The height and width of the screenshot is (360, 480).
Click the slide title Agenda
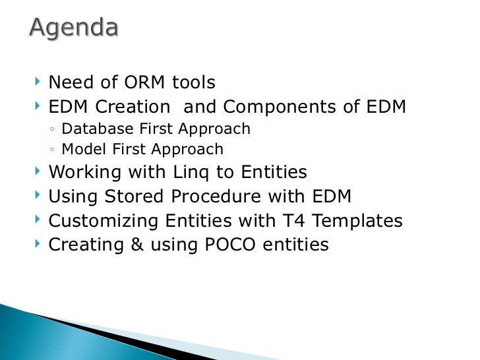click(74, 28)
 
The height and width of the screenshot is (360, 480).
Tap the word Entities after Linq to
click(274, 173)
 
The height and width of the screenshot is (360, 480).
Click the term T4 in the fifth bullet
click(275, 220)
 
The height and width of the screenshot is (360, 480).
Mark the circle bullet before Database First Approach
click(52, 130)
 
